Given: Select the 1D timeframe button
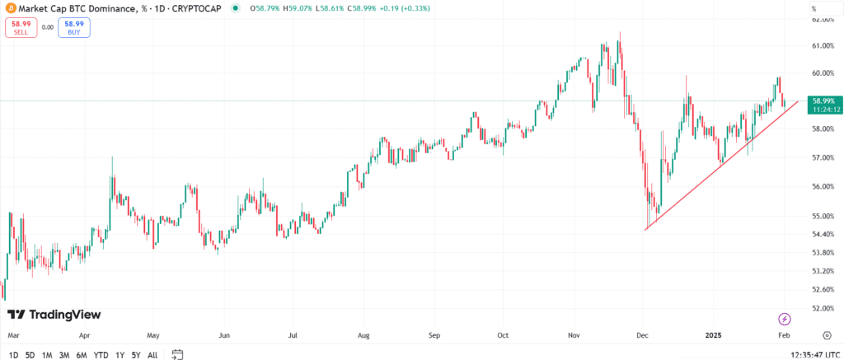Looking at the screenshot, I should (13, 355).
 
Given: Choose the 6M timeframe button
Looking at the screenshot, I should (82, 355).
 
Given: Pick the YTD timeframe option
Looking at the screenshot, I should (101, 355).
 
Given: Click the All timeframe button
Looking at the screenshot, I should (152, 355).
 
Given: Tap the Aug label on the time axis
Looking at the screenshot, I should (364, 336).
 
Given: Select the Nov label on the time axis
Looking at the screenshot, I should (575, 336).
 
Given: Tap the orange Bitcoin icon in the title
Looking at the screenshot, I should (11, 8).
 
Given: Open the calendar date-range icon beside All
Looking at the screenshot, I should (177, 355).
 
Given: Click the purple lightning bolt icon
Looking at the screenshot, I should (785, 318).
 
